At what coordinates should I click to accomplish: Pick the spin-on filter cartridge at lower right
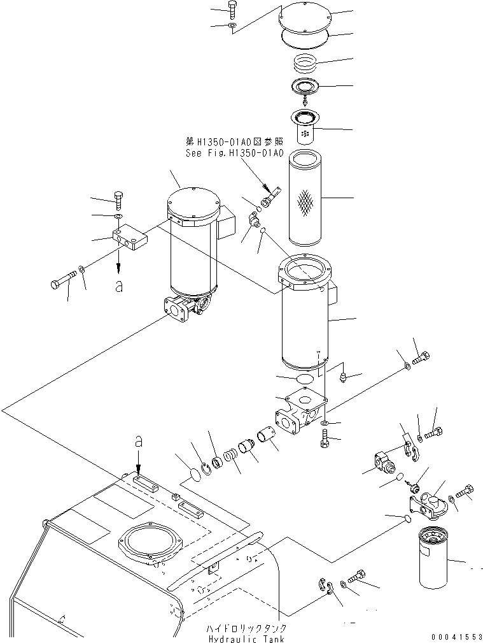[436, 560]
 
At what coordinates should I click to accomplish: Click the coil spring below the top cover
[307, 63]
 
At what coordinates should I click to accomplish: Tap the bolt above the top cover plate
[232, 8]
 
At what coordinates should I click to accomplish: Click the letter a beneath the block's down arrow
[119, 286]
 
